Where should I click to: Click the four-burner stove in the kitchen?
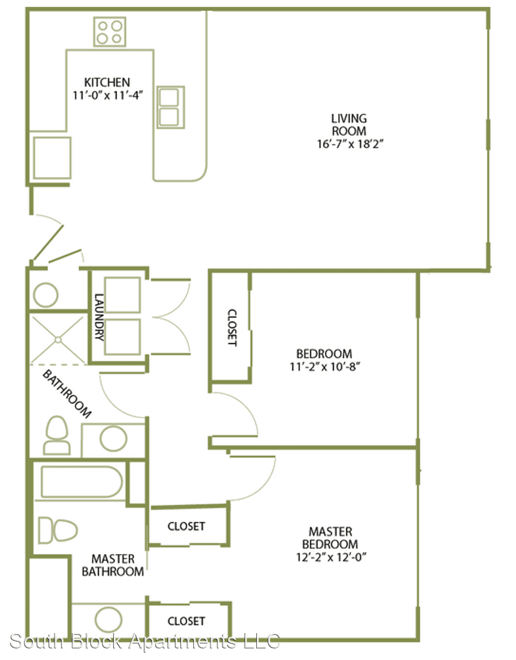pos(109,32)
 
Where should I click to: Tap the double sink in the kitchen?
pos(171,108)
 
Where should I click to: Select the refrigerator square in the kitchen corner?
pos(52,158)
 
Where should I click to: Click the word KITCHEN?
pos(107,82)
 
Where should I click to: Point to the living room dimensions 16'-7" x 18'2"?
pos(350,144)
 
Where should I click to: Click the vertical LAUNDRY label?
pos(98,317)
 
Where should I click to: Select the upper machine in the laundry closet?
pos(122,295)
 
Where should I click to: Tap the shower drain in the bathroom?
pos(57,339)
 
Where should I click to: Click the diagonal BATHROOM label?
pos(67,394)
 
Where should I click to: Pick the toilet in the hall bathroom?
pos(57,435)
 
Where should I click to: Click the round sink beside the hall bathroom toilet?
pos(113,439)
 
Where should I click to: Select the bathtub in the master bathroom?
pos(82,482)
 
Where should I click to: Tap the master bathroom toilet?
pos(57,530)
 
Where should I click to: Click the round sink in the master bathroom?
pos(109,620)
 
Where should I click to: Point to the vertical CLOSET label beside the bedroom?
pos(232,328)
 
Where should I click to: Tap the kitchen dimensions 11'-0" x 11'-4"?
pos(108,95)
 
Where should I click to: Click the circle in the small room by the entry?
pos(45,295)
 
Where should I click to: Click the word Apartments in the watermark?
pos(182,642)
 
